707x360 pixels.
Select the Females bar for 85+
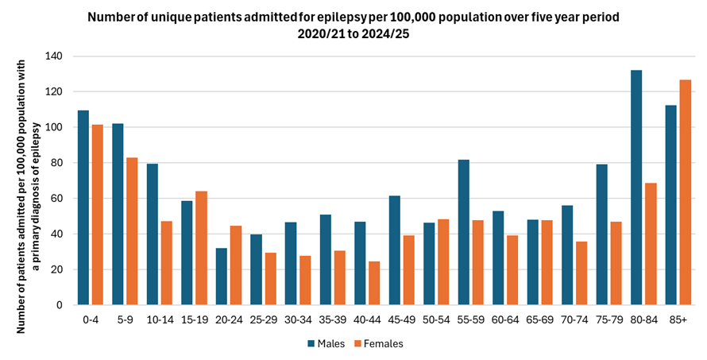click(x=685, y=192)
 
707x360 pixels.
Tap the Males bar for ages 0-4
click(x=83, y=207)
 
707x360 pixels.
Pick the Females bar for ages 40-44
click(x=374, y=283)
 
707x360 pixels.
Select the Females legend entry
click(x=378, y=344)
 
